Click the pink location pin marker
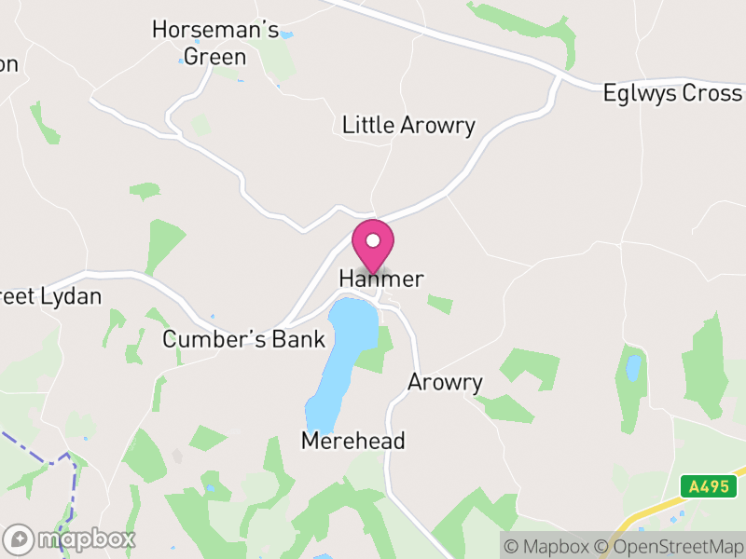[x=373, y=244]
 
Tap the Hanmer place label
[x=381, y=279]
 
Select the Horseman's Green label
[x=215, y=43]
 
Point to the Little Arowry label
[x=408, y=125]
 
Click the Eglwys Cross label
[x=672, y=93]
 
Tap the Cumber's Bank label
[x=243, y=339]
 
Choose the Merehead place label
[x=353, y=441]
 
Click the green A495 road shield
[x=708, y=485]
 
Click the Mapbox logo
[x=71, y=539]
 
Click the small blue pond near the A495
[x=634, y=368]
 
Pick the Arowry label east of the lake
[x=445, y=382]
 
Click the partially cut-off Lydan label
[x=51, y=297]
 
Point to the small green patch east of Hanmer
[x=440, y=304]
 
